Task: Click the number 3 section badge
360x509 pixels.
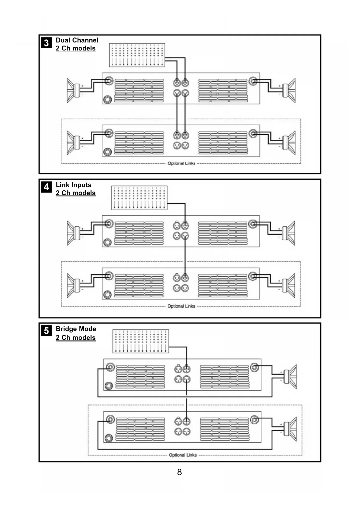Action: coord(46,43)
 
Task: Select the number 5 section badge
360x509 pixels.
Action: coord(46,331)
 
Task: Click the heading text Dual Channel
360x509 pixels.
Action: coord(77,40)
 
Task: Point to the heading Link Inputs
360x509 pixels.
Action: coord(73,185)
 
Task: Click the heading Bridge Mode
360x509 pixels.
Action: coord(76,329)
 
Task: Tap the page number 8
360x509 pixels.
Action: coord(180,472)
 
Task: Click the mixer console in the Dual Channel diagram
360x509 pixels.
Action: coord(137,55)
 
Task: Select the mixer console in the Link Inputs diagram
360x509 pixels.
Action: coord(139,198)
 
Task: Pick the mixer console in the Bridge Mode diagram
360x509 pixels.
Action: coord(141,341)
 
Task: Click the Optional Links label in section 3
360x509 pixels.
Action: coord(181,163)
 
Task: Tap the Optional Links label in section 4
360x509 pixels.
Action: coord(181,306)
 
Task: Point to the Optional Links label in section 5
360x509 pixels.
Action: coord(183,455)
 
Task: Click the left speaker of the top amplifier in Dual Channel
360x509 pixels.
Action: coord(73,90)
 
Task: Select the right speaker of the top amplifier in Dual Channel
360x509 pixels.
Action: coord(289,90)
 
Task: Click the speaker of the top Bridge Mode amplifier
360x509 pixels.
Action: coord(290,376)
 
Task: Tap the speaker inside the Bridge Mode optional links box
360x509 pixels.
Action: coord(290,429)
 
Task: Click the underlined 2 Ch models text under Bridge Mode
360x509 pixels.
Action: coord(75,338)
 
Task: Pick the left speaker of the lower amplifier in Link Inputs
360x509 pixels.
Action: coord(73,285)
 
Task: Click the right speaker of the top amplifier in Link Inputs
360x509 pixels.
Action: coord(289,233)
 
